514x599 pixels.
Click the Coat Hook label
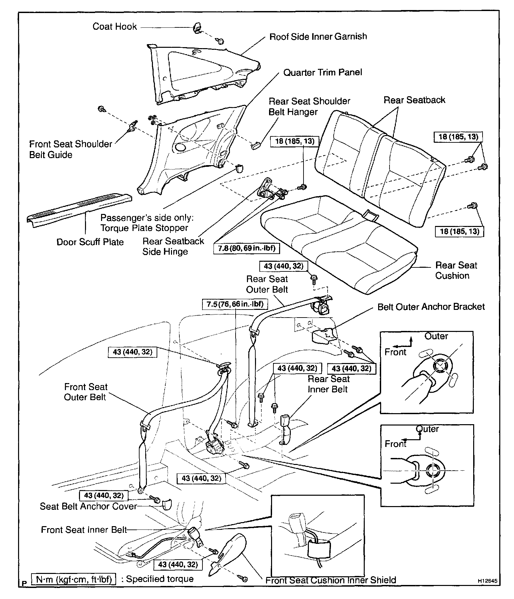click(x=114, y=27)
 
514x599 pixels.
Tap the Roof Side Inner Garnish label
click(x=318, y=36)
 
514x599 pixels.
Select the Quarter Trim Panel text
click(x=323, y=73)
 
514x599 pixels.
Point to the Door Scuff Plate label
click(x=90, y=242)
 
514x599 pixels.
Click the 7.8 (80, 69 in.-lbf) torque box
click(x=247, y=249)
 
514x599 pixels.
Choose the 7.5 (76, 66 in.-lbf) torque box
click(x=235, y=304)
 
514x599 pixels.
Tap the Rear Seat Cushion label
click(x=456, y=270)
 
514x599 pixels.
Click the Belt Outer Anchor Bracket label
click(x=431, y=307)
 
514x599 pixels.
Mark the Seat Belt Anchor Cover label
click(x=88, y=506)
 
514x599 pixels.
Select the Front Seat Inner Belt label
click(x=84, y=530)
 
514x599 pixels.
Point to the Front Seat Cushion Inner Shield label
click(x=331, y=580)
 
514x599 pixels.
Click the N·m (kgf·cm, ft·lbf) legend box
click(x=73, y=579)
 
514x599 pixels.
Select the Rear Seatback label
click(x=414, y=100)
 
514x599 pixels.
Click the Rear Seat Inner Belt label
click(x=328, y=384)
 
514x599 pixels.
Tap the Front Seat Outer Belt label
click(x=85, y=392)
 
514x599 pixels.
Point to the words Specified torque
click(x=157, y=579)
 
